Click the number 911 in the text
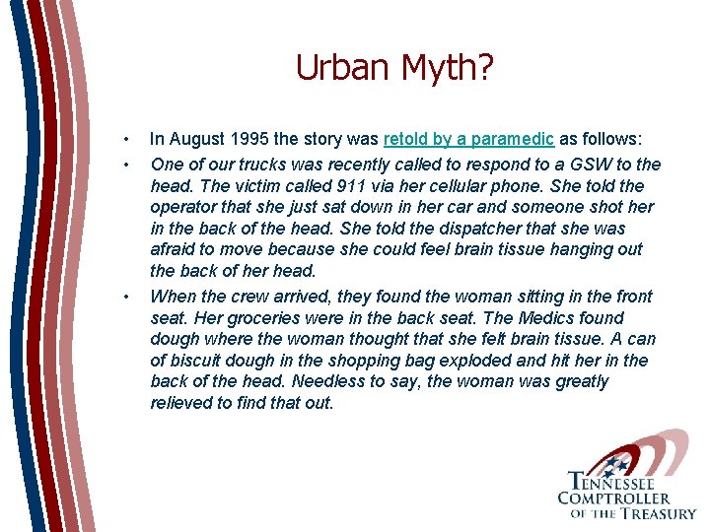[x=340, y=186]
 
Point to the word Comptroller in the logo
[x=613, y=499]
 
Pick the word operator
[x=182, y=208]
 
